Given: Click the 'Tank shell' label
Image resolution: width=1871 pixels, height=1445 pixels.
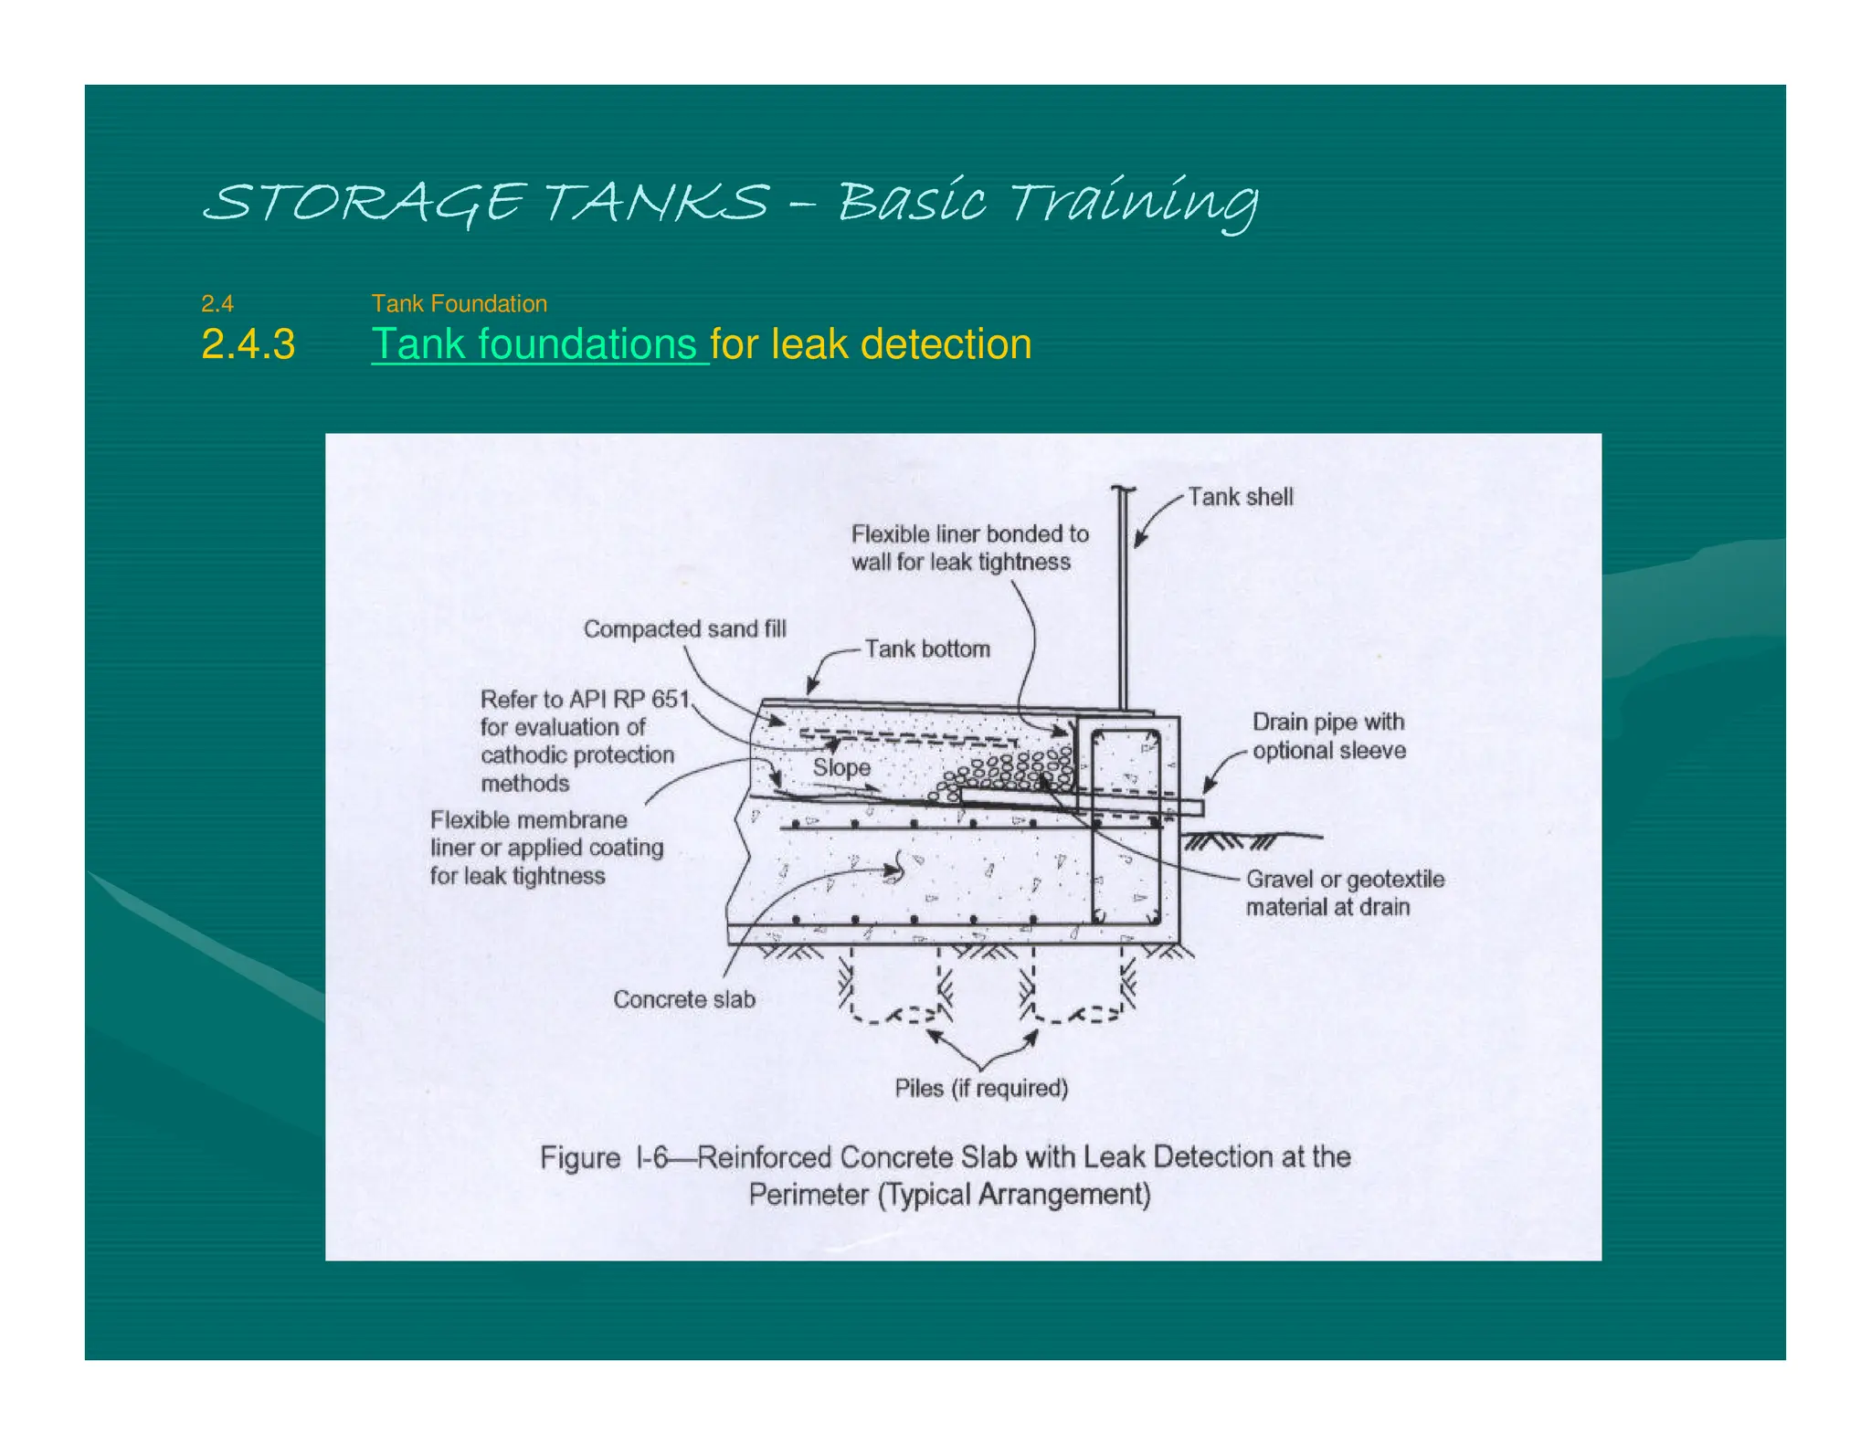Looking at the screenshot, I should click(x=1240, y=497).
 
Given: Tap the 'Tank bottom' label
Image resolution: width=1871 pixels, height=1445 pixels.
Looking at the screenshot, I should click(x=926, y=649).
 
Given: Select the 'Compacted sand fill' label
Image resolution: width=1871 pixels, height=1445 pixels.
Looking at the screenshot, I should click(x=684, y=628).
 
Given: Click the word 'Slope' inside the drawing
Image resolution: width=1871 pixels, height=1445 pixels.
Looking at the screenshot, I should click(x=840, y=767).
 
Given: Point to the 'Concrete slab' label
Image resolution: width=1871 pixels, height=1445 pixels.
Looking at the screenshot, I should click(x=683, y=998).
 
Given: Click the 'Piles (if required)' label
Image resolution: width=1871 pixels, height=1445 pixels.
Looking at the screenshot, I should click(x=980, y=1088).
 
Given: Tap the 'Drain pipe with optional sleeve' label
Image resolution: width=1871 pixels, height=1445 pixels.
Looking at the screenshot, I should click(x=1327, y=735).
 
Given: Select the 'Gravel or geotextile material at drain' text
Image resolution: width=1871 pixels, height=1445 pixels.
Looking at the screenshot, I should click(x=1344, y=892).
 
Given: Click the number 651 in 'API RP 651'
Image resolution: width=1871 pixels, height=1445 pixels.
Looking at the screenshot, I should click(x=670, y=699).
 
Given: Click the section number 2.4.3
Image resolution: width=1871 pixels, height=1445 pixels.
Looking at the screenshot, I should click(x=248, y=344).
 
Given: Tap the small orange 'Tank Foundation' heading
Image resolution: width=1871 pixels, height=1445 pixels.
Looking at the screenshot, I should click(x=459, y=303).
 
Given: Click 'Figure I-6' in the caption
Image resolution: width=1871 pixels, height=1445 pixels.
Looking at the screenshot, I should click(x=606, y=1157).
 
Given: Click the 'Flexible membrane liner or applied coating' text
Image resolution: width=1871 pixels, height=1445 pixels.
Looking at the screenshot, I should click(x=546, y=847).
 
